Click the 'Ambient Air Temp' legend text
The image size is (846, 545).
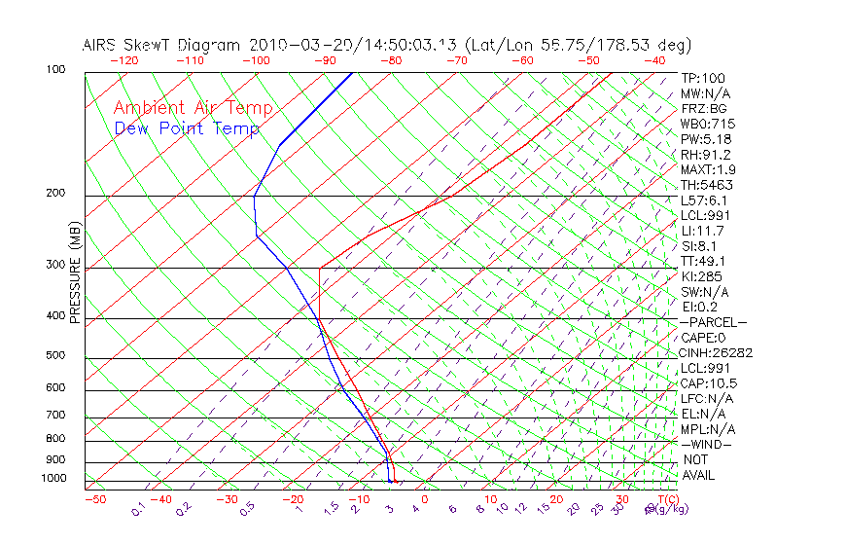point(193,108)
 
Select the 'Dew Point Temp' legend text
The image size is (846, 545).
point(186,128)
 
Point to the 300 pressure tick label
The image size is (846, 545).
point(55,265)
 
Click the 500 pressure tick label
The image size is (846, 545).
point(55,356)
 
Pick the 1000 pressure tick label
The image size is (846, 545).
point(53,479)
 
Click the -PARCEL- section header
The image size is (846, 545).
point(714,322)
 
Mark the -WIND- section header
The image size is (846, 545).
point(707,444)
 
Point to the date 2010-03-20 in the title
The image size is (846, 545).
point(293,45)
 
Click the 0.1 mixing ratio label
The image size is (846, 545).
point(138,509)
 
